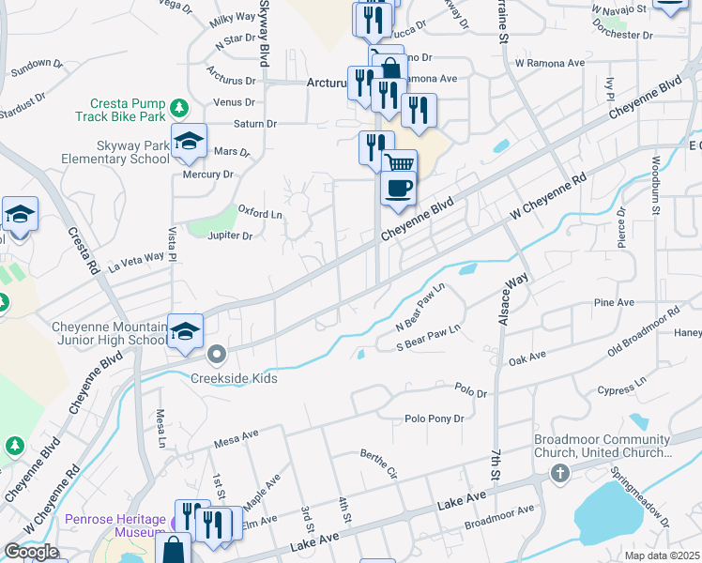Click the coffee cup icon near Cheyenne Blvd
click(x=398, y=188)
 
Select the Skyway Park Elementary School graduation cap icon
click(x=189, y=142)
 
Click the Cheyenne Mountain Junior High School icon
click(x=185, y=331)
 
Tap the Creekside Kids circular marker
click(x=217, y=355)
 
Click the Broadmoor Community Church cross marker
click(x=560, y=472)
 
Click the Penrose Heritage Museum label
click(x=115, y=525)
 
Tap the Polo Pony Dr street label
click(x=434, y=418)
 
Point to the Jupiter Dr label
click(x=230, y=236)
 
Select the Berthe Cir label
click(x=379, y=464)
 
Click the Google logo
click(x=32, y=552)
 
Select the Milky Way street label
click(x=234, y=18)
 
